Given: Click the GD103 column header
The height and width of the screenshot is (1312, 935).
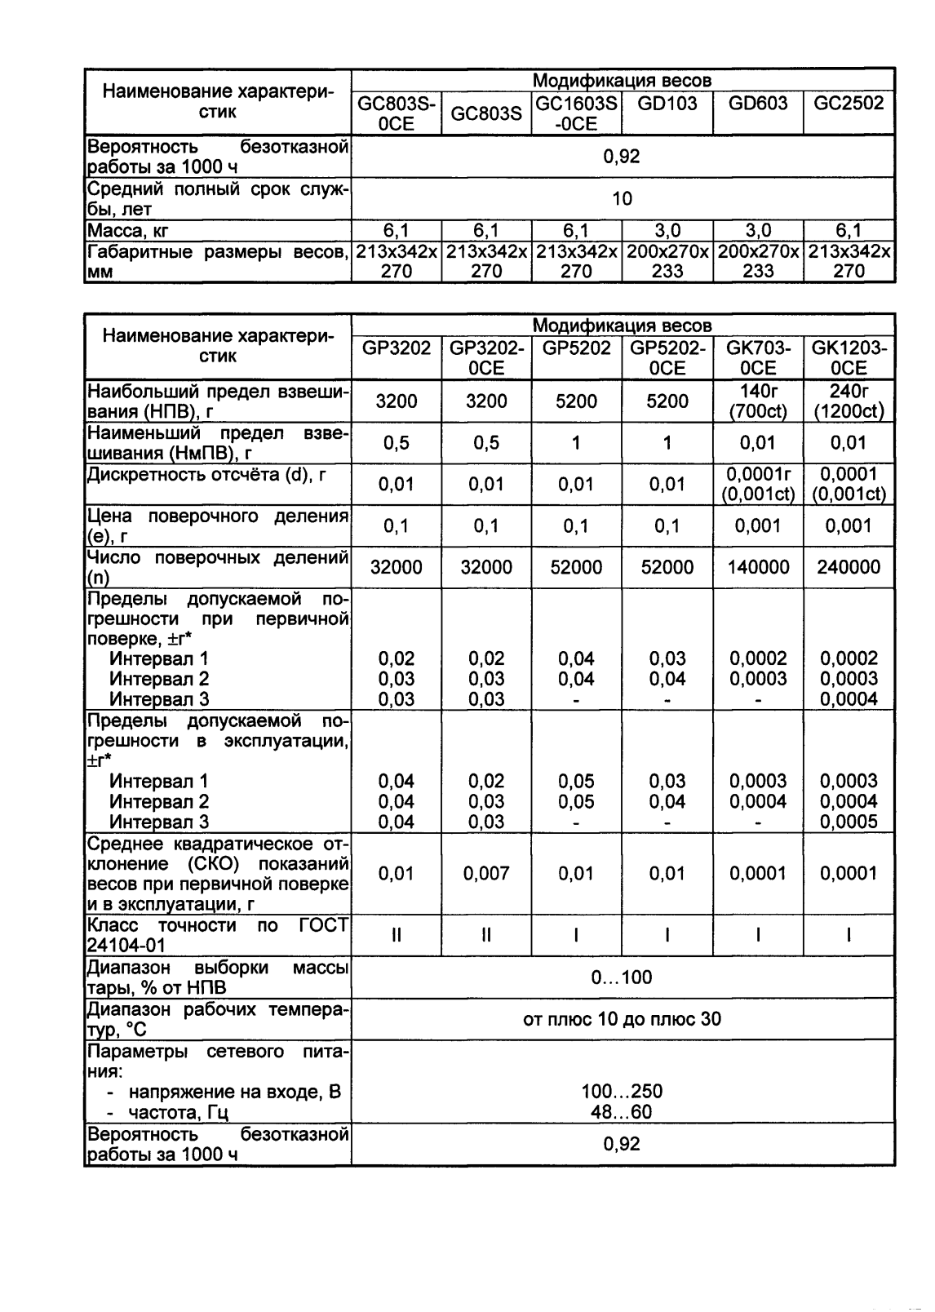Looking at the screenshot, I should point(667,104).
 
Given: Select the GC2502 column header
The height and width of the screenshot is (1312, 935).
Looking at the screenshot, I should point(849,104).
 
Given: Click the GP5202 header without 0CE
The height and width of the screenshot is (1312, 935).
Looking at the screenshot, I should point(576,348).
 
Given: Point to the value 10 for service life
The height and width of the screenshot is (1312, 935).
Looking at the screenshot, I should point(622,198).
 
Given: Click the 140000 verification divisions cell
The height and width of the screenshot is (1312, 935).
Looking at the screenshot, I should point(758,567).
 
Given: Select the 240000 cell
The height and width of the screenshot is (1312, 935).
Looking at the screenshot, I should point(849,567).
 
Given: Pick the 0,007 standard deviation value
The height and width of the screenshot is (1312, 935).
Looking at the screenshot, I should point(486,874).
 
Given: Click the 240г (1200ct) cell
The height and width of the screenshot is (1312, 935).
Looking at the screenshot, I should point(849,401).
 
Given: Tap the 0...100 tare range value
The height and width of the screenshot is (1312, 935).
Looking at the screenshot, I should point(622,977).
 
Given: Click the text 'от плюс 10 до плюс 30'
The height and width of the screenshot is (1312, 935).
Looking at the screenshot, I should point(622,1019).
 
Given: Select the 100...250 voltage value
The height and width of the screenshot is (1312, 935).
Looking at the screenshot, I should point(622,1092).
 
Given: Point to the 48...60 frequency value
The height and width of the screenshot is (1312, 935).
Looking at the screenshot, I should point(622,1112).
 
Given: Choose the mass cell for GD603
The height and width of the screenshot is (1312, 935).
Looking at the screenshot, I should point(758,231).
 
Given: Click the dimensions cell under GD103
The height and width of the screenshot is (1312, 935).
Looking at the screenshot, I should point(667,261).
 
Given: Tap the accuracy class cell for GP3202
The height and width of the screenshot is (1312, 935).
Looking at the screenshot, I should point(397,936).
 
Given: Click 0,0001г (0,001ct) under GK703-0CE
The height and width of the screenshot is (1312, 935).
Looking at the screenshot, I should point(758,484).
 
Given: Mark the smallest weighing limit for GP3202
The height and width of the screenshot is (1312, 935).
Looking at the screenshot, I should point(397,443).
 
